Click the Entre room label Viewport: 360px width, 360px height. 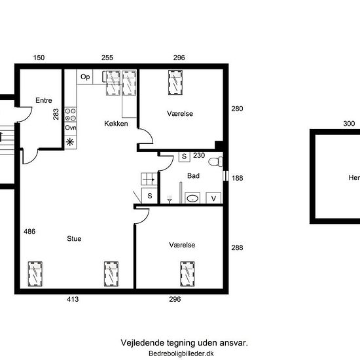point(44,100)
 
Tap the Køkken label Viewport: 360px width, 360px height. point(116,124)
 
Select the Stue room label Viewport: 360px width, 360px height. point(74,238)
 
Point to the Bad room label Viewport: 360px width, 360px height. point(193,176)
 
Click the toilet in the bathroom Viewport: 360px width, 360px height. point(216,161)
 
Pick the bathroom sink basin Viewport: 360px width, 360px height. point(192,198)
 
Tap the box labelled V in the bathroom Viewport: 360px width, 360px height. point(213,198)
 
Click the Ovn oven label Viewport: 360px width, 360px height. point(71,128)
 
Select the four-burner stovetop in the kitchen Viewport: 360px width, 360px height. point(70,115)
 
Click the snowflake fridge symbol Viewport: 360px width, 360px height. point(70,142)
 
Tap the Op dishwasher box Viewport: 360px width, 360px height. point(84,77)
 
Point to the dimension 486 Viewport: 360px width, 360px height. point(29,232)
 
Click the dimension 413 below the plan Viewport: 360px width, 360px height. point(73,299)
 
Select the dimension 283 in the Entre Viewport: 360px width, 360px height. point(56,114)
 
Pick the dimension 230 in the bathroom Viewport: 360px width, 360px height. point(199,155)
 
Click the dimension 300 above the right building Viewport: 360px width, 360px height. point(349,124)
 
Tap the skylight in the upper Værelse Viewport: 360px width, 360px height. point(175,82)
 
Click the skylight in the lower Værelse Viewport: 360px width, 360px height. point(187,274)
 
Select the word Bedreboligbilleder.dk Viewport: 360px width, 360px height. point(181,353)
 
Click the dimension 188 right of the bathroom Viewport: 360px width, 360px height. point(237,178)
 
